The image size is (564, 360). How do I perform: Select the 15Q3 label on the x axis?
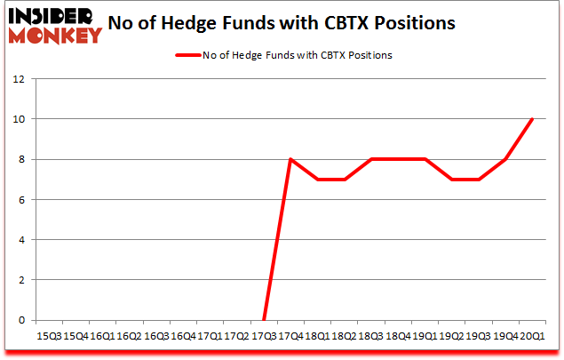point(48,336)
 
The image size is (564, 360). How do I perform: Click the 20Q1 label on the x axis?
point(533,336)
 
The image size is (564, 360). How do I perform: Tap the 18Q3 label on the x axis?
point(371,336)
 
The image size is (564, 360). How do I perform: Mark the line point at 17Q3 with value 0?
point(264,320)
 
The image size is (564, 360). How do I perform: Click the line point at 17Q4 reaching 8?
point(290,159)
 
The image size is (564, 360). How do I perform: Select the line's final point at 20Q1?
point(533,119)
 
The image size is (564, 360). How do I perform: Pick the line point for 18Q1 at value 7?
point(317,180)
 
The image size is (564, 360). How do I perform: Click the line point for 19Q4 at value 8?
point(506,159)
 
